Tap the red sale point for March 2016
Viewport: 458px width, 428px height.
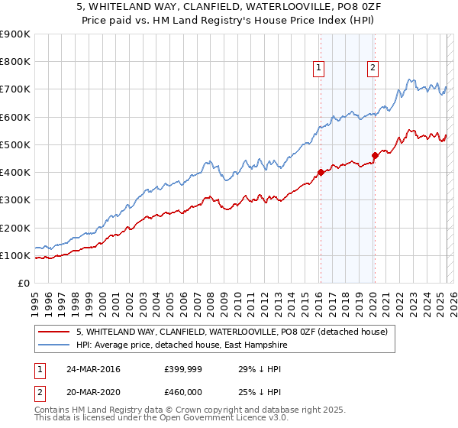coord(321,172)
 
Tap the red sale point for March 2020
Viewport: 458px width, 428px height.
coord(375,156)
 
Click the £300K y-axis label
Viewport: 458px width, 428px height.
coord(16,200)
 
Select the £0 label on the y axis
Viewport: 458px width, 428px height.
coord(23,284)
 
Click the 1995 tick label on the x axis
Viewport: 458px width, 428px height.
coord(34,299)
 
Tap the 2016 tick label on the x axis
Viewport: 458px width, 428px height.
coord(318,299)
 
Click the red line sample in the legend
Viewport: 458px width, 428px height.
coord(54,332)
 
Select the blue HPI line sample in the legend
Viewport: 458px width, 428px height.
coord(54,345)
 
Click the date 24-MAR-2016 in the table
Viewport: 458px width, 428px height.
coord(92,369)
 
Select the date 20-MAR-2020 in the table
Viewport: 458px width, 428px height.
coord(92,392)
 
